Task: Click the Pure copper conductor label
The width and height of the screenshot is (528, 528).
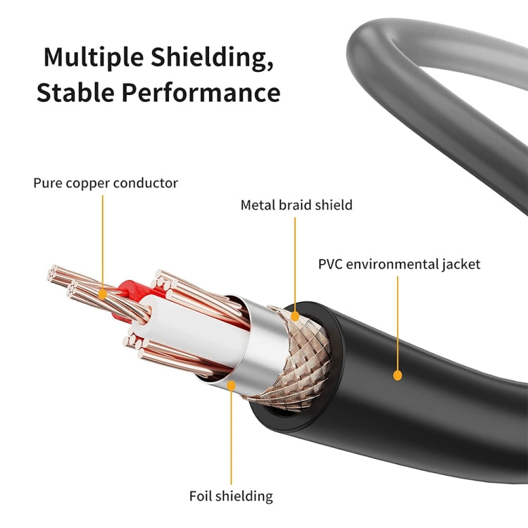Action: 106,183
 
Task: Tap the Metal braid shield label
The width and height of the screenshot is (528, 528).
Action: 296,206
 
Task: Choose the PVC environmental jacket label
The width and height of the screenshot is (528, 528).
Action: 399,265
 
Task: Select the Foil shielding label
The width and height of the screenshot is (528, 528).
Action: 231,496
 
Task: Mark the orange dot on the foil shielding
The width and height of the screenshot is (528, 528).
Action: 231,384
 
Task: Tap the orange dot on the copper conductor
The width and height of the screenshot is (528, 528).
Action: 102,291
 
